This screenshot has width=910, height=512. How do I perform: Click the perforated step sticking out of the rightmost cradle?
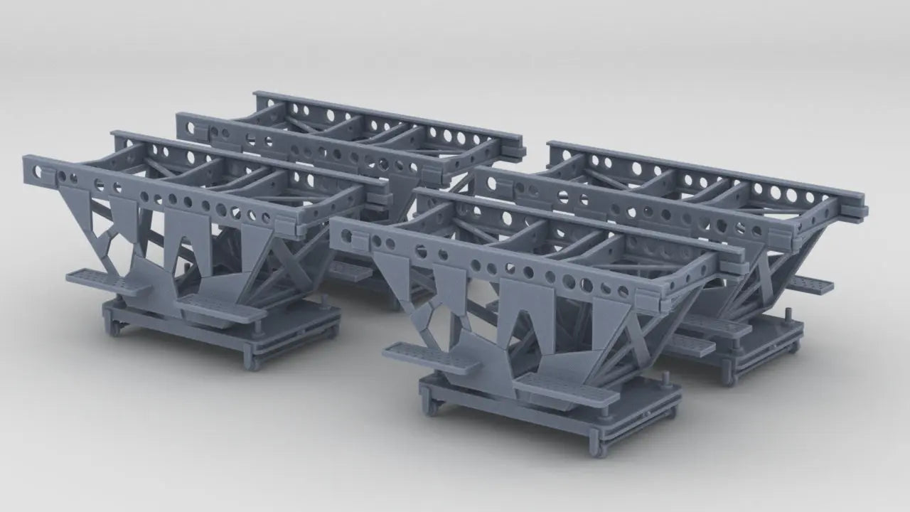[x=810, y=285]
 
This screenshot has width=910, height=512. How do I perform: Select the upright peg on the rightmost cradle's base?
[x=788, y=316]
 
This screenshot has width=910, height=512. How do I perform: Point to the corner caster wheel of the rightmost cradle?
[x=727, y=378]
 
